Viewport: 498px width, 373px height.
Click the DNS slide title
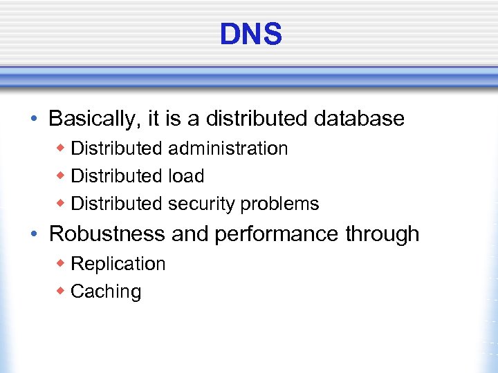tap(250, 34)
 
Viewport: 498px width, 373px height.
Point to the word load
tap(186, 176)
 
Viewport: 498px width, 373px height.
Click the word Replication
tap(118, 264)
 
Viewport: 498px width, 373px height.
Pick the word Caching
tap(106, 291)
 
